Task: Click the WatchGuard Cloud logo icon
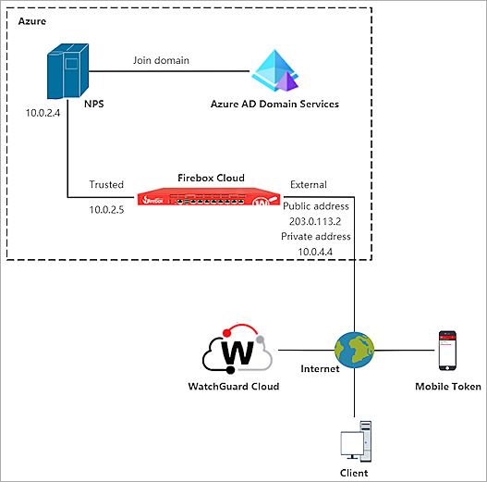237,351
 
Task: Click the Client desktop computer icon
357,441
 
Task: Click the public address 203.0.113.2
316,222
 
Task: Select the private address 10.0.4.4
316,251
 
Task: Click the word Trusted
106,184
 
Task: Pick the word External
309,184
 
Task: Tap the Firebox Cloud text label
210,176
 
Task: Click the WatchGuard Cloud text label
239,386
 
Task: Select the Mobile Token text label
447,387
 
